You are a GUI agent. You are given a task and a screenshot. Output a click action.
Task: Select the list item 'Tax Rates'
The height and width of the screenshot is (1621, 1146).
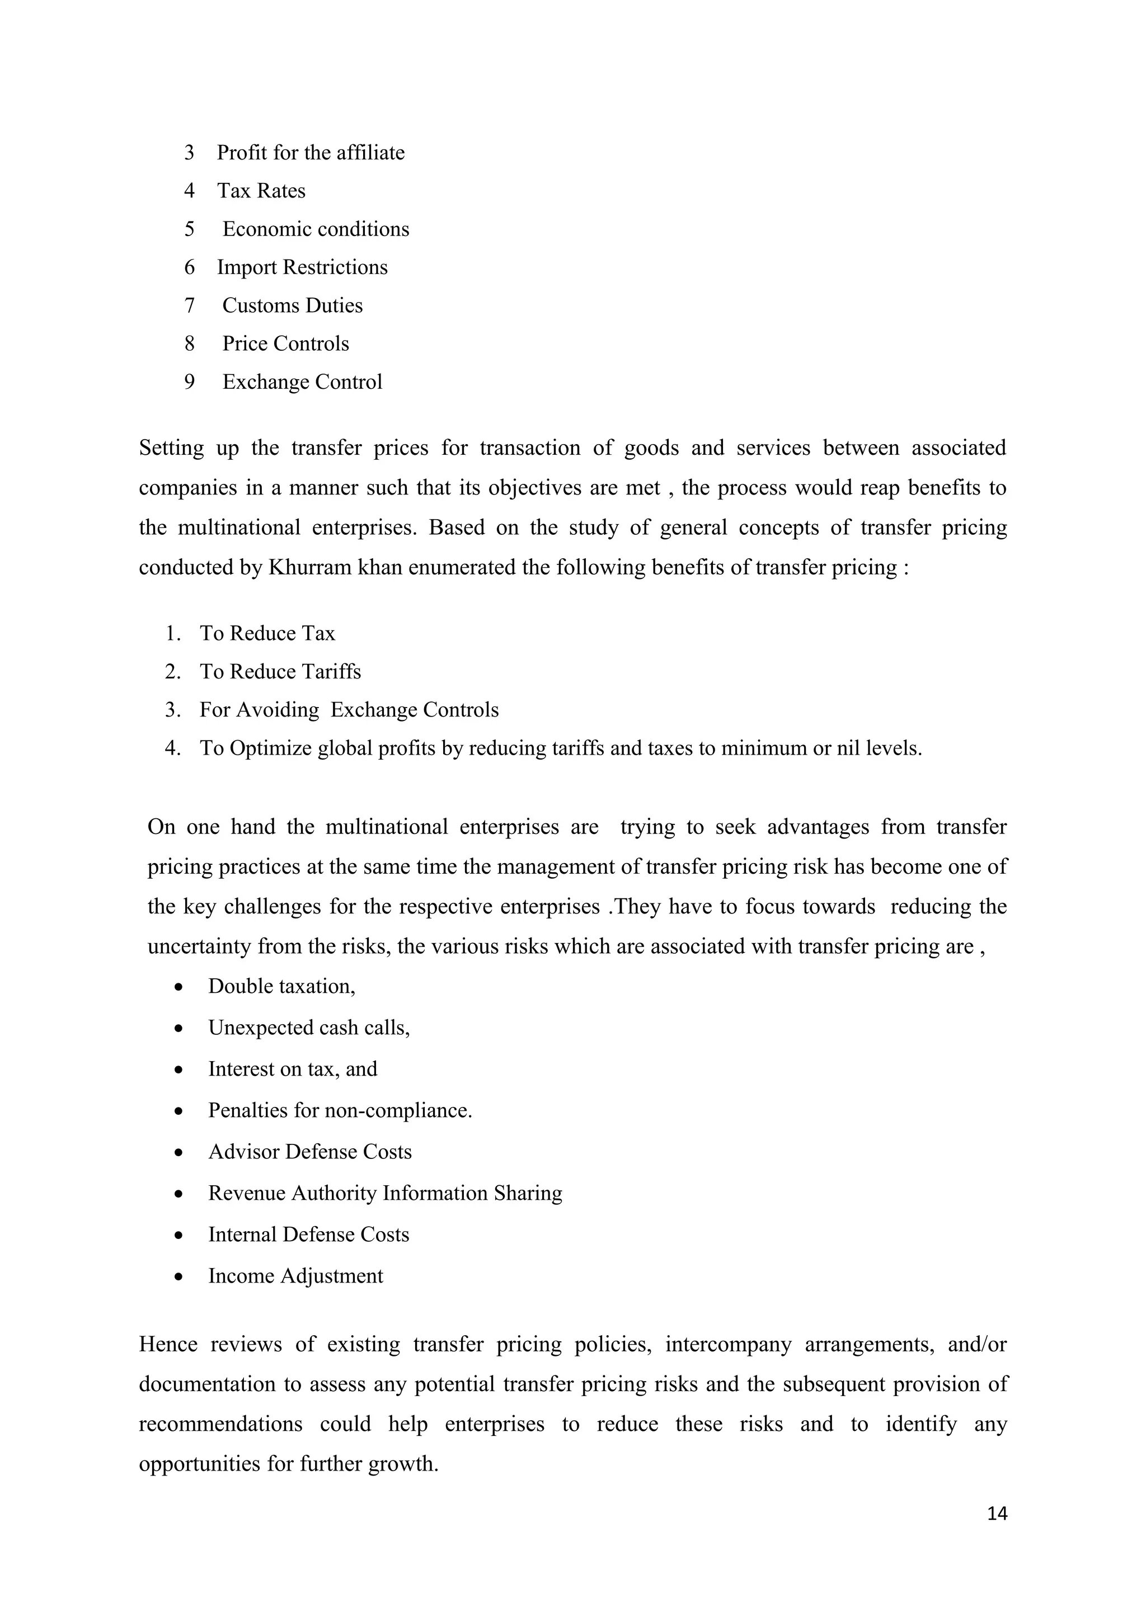click(x=261, y=191)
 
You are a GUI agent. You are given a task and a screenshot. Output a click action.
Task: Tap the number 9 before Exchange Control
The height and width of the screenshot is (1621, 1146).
click(x=189, y=382)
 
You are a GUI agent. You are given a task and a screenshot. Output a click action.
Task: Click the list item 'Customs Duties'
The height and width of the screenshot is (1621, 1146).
click(x=292, y=306)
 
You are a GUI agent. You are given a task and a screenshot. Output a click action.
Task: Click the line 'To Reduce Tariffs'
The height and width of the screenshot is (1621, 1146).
click(x=280, y=671)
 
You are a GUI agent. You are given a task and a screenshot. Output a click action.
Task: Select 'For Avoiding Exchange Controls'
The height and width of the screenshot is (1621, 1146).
click(x=349, y=710)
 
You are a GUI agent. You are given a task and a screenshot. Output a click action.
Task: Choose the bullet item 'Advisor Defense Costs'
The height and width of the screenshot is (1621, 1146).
click(x=309, y=1152)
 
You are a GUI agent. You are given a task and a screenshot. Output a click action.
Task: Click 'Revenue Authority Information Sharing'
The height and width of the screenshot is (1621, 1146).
click(x=385, y=1193)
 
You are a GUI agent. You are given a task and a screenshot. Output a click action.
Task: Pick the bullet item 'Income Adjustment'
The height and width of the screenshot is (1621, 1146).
click(x=295, y=1276)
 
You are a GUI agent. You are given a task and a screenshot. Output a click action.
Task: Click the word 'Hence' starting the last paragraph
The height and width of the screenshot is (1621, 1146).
click(x=168, y=1344)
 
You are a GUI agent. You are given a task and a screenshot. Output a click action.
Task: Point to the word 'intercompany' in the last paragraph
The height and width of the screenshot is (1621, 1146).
click(x=728, y=1344)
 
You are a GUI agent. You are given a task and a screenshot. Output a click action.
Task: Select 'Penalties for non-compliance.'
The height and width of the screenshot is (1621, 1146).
click(x=340, y=1110)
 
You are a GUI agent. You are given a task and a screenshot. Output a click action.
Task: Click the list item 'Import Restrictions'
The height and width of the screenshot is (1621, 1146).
click(x=302, y=267)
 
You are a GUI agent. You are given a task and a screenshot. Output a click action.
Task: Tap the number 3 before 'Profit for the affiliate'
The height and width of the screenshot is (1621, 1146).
click(x=189, y=153)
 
